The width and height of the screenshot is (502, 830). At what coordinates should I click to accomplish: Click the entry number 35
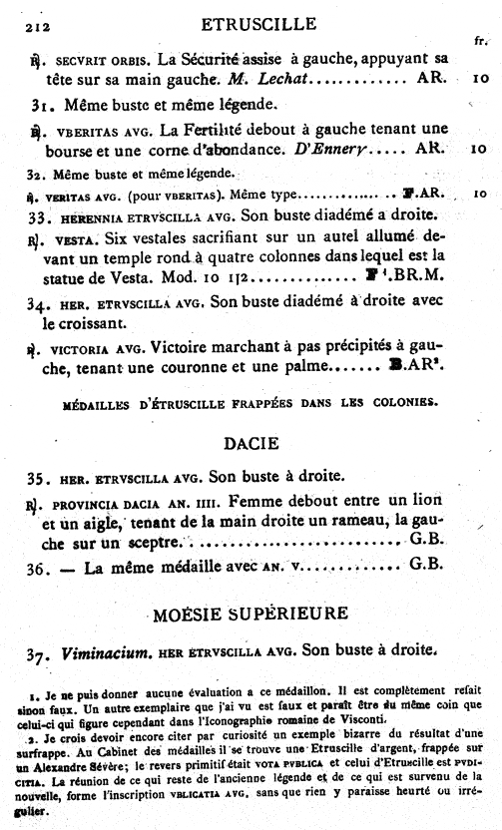40,474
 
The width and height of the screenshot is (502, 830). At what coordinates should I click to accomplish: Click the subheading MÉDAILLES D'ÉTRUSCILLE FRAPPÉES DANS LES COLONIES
250,402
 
